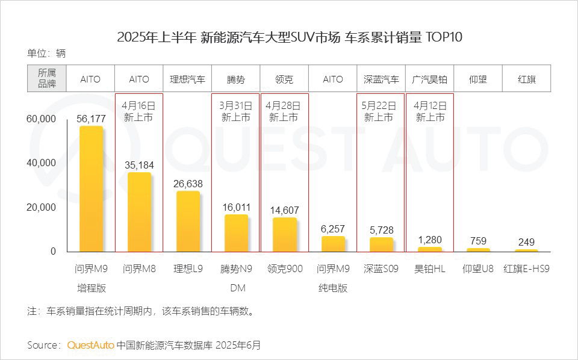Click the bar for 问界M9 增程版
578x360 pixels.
(90, 189)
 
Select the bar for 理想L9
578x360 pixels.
(188, 222)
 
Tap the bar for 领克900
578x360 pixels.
(284, 235)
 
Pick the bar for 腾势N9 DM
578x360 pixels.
(236, 233)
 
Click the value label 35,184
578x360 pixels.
(139, 164)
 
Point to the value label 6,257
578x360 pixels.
(332, 229)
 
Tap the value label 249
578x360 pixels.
(527, 242)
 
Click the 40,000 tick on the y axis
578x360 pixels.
(41, 163)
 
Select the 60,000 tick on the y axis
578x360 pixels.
(41, 119)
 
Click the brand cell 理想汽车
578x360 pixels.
(187, 79)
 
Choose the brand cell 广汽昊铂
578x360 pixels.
(430, 79)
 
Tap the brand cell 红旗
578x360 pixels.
(527, 79)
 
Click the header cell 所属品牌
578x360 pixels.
(46, 79)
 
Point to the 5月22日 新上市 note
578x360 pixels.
(381, 111)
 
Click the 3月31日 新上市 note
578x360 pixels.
(235, 111)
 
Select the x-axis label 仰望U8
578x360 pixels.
(478, 268)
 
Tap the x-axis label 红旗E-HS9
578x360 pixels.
(527, 268)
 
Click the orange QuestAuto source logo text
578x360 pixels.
(90, 346)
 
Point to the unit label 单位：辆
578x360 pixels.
(46, 53)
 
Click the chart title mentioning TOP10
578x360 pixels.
(289, 37)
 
